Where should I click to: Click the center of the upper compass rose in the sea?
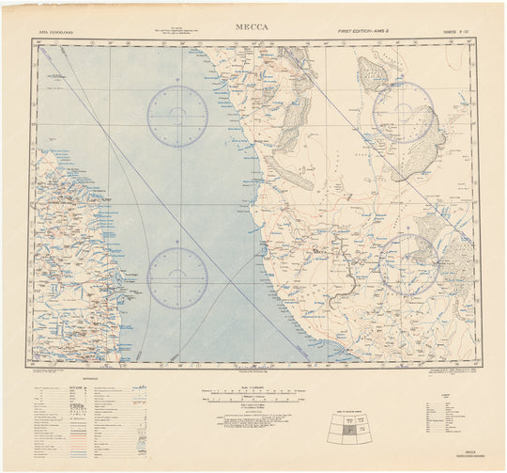pyautogui.click(x=177, y=117)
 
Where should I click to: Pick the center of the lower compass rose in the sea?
pyautogui.click(x=177, y=277)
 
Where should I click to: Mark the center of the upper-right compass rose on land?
pyautogui.click(x=403, y=112)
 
